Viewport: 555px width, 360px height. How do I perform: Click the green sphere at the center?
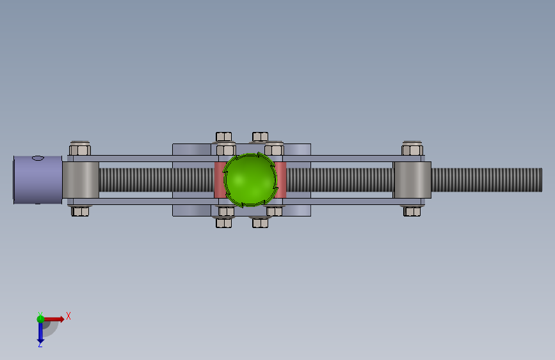coord(250,179)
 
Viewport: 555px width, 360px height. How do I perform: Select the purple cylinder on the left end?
coord(38,180)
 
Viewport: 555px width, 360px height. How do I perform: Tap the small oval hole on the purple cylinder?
coord(38,158)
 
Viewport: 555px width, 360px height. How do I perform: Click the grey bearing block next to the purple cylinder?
coord(81,180)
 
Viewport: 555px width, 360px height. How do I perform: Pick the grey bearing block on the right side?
coord(412,180)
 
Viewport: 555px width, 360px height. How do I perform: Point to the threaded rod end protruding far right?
coord(487,180)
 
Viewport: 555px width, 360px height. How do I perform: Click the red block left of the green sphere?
coord(220,180)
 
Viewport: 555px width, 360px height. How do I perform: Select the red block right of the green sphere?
coord(280,180)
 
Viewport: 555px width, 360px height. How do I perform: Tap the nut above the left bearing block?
coord(80,149)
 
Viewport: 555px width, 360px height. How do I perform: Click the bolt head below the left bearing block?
coord(80,211)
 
